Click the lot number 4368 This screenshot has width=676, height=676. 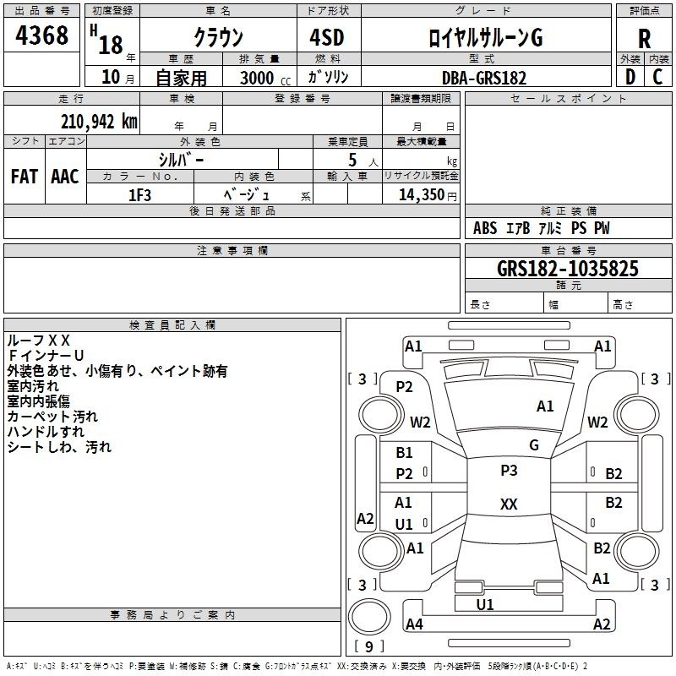(x=41, y=35)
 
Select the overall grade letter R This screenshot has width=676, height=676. (x=644, y=39)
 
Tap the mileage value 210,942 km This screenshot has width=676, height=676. (x=99, y=122)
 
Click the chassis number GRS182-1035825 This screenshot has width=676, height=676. (x=567, y=269)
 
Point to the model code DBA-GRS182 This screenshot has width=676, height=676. (x=484, y=78)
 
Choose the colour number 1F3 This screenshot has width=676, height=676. (x=139, y=195)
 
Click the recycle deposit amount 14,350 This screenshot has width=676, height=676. (x=421, y=195)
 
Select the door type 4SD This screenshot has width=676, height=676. (x=327, y=37)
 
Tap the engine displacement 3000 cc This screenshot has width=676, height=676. (x=265, y=78)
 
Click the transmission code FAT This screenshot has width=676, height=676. (x=25, y=177)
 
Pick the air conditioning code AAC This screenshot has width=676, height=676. (x=65, y=177)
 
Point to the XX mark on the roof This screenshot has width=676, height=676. (x=509, y=504)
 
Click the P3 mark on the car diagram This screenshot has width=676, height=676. (x=509, y=470)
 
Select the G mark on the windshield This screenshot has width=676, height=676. (x=534, y=445)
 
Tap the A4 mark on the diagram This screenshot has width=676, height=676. (x=414, y=624)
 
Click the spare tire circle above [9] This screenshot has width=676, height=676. (x=369, y=617)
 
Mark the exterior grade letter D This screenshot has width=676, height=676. (x=630, y=77)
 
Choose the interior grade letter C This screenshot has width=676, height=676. (x=657, y=77)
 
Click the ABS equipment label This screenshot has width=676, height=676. (x=485, y=228)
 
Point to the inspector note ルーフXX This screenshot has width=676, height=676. (x=38, y=341)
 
